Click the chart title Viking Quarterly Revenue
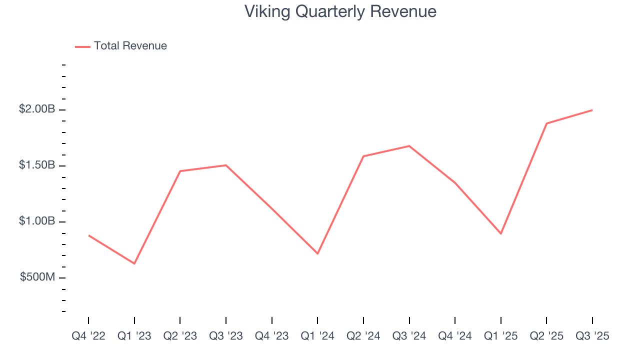pyautogui.click(x=340, y=11)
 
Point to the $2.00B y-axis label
pyautogui.click(x=37, y=109)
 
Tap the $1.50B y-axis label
pyautogui.click(x=37, y=165)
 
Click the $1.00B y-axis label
pyautogui.click(x=37, y=221)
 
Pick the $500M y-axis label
pyautogui.click(x=37, y=277)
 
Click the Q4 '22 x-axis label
pyautogui.click(x=88, y=335)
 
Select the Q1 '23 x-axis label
pyautogui.click(x=134, y=335)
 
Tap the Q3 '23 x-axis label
pyautogui.click(x=226, y=335)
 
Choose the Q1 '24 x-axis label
pyautogui.click(x=317, y=335)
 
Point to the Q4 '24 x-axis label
pyautogui.click(x=455, y=335)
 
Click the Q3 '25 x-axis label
pyautogui.click(x=592, y=335)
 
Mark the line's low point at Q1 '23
pyautogui.click(x=134, y=263)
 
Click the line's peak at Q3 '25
pyautogui.click(x=592, y=110)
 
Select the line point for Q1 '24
pyautogui.click(x=317, y=253)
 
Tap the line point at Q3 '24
pyautogui.click(x=409, y=146)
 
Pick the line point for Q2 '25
pyautogui.click(x=546, y=123)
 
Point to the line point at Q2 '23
pyautogui.click(x=180, y=171)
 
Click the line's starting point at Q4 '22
pyautogui.click(x=88, y=235)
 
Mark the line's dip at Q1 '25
pyautogui.click(x=500, y=233)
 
